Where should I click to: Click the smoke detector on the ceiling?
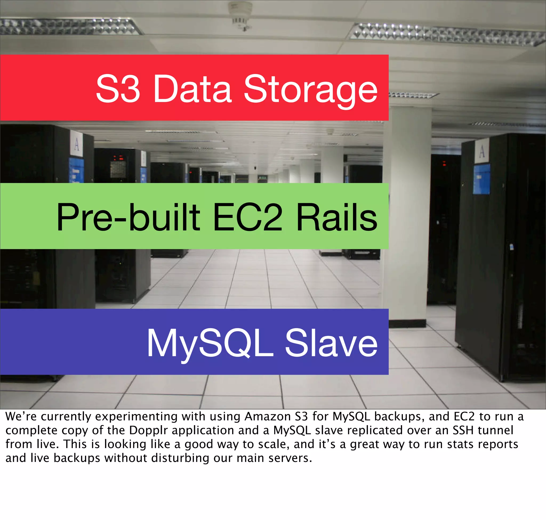(240, 15)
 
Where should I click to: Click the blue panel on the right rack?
(481, 179)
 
